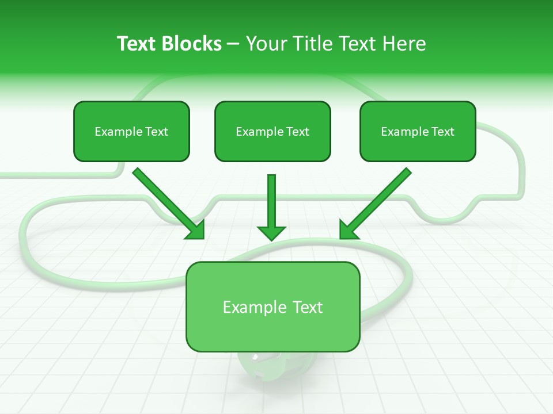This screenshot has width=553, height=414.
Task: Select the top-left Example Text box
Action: [x=131, y=131]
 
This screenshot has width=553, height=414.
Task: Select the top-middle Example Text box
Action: [x=272, y=131]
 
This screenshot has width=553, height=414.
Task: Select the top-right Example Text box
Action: [x=418, y=131]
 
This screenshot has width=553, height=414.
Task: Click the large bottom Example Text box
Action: [x=272, y=306]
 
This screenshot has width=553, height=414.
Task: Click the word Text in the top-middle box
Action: [x=297, y=132]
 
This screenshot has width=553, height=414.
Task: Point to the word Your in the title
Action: [x=266, y=44]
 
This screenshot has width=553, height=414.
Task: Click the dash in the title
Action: [x=234, y=44]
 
